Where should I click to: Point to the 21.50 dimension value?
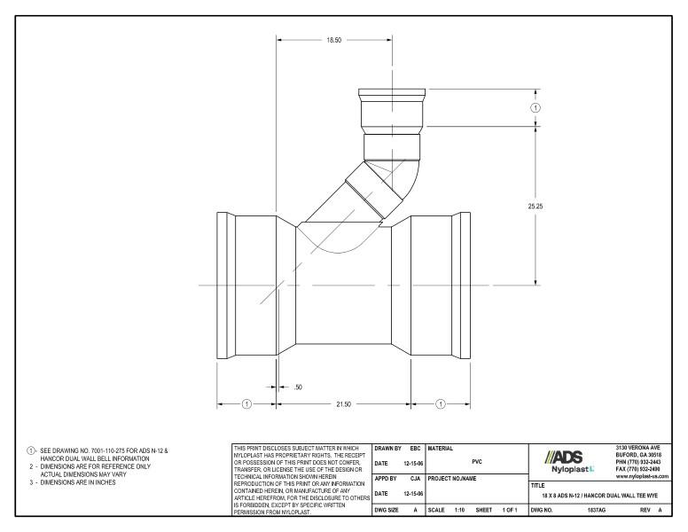click(x=342, y=404)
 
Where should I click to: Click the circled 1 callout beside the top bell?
click(x=536, y=107)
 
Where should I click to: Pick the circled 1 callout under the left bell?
click(x=247, y=404)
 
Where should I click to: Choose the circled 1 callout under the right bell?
click(x=441, y=404)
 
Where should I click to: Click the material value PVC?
click(x=477, y=462)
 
